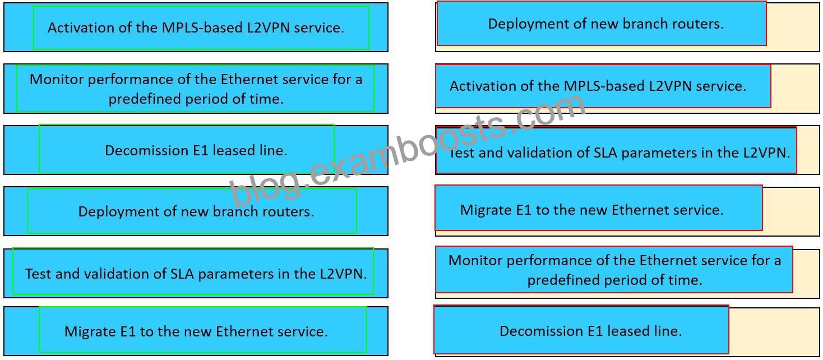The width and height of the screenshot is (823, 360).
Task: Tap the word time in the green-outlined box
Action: tap(266, 99)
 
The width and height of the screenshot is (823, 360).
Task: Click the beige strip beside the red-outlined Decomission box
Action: tap(774, 331)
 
